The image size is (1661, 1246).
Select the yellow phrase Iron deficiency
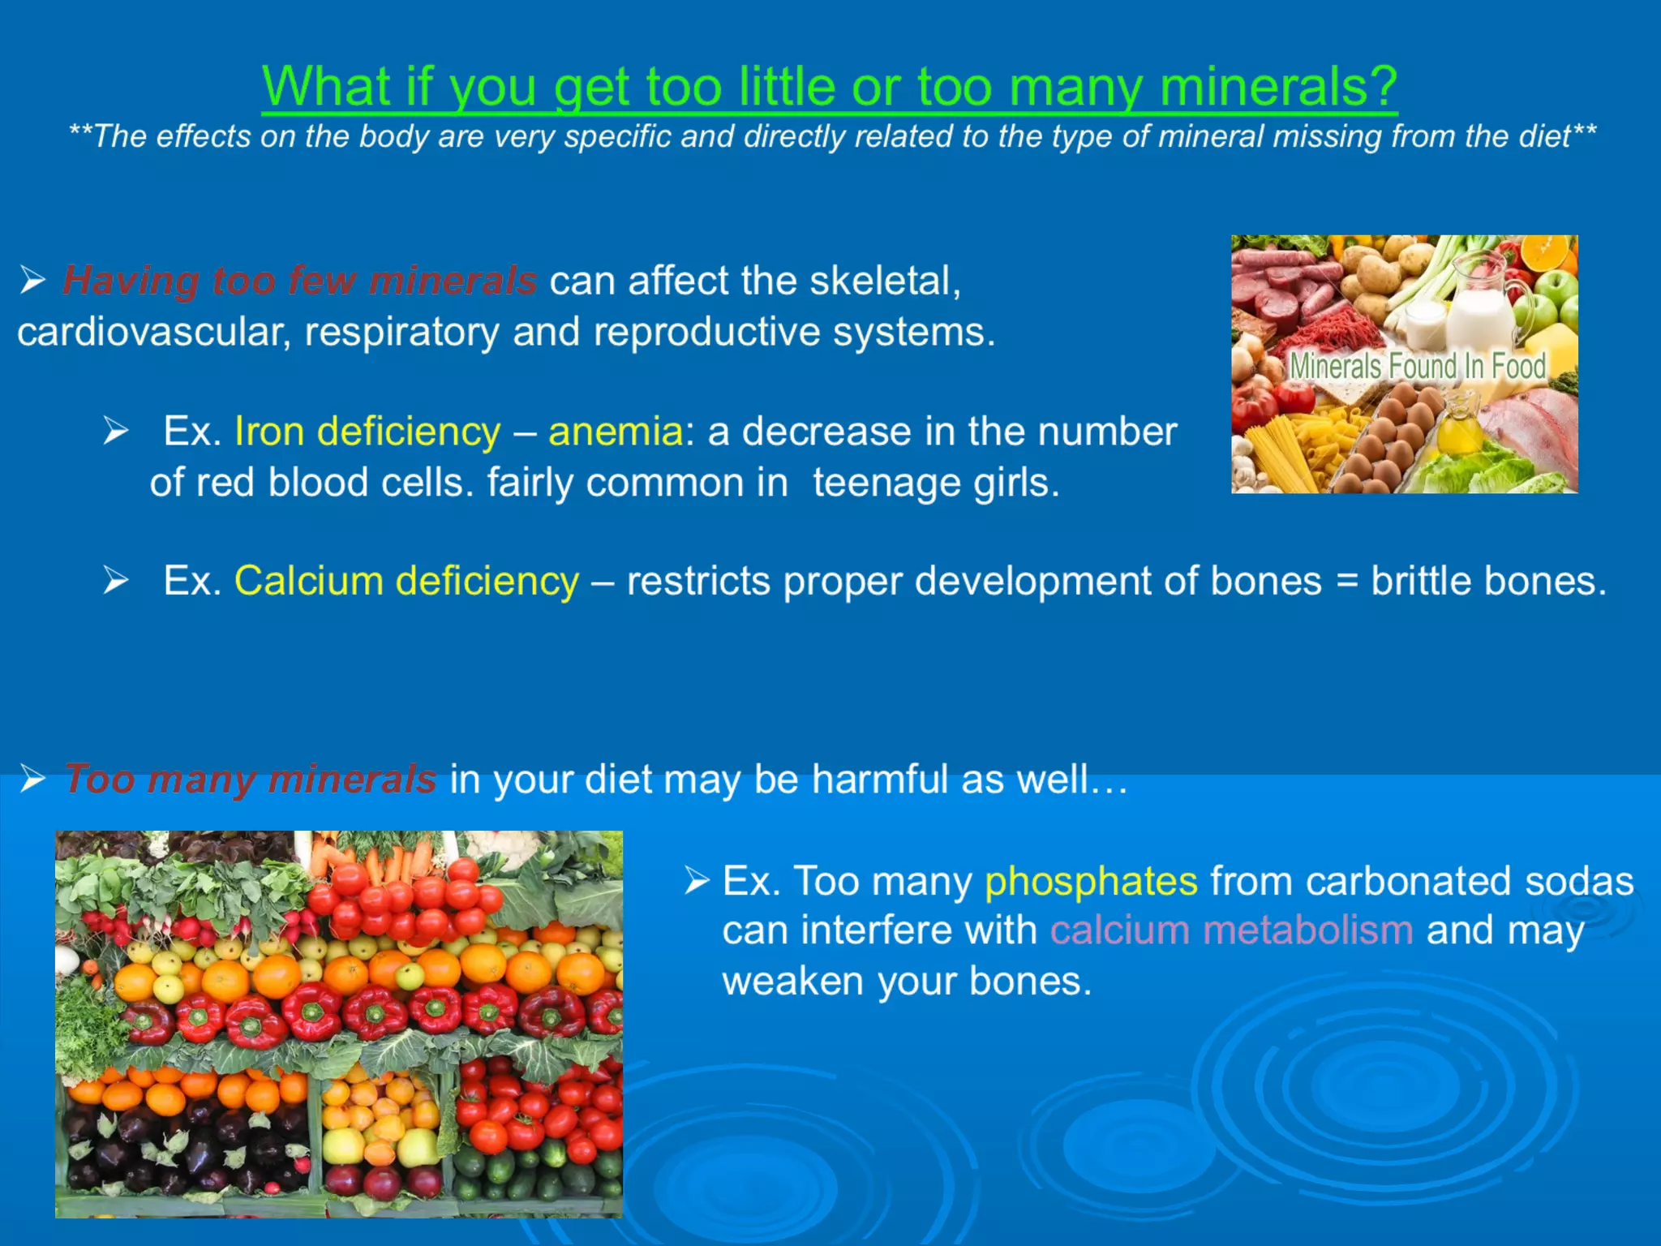[x=367, y=431]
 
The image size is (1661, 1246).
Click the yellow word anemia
[x=616, y=431]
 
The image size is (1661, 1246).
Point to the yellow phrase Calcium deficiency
[x=406, y=581]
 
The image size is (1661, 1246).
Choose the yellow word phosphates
[x=1090, y=881]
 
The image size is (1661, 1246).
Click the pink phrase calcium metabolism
[x=1231, y=930]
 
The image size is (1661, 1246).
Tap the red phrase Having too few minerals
[x=299, y=281]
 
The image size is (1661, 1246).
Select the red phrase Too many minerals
[x=251, y=779]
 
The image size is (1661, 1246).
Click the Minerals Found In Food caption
[x=1417, y=366]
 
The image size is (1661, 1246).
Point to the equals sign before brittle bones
[x=1346, y=582]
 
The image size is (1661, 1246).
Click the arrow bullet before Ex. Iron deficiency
[x=115, y=431]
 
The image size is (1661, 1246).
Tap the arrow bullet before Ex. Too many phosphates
[x=696, y=880]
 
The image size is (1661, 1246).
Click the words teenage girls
[x=936, y=483]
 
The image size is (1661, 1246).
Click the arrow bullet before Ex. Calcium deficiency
[x=115, y=581]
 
